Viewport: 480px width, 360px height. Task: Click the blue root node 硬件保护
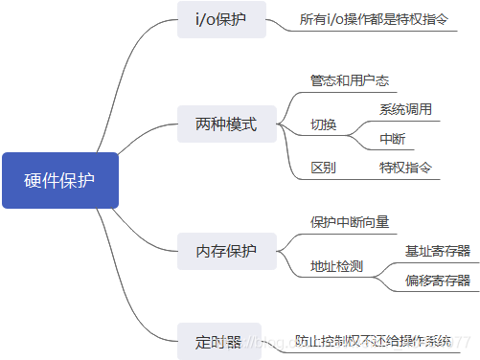(59, 180)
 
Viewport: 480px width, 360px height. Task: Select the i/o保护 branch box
(221, 19)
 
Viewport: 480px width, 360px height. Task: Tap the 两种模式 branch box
(219, 124)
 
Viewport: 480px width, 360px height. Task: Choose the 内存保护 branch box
(219, 252)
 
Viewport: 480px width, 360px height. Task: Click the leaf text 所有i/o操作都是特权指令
(373, 19)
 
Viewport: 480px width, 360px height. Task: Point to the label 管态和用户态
(348, 80)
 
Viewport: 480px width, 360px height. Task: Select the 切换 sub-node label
(323, 124)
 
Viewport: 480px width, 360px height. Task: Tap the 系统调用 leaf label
(405, 108)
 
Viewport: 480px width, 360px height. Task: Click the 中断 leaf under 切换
(392, 140)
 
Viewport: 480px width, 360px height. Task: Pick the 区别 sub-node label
(323, 168)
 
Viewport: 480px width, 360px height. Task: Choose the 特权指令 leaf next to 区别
(405, 168)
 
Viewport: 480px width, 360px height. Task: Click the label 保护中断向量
(350, 222)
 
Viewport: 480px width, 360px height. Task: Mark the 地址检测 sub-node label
(336, 265)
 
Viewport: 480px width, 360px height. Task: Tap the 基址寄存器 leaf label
(437, 251)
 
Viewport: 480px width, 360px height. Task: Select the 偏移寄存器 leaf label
(437, 281)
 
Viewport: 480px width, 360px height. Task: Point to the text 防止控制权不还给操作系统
(373, 340)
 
